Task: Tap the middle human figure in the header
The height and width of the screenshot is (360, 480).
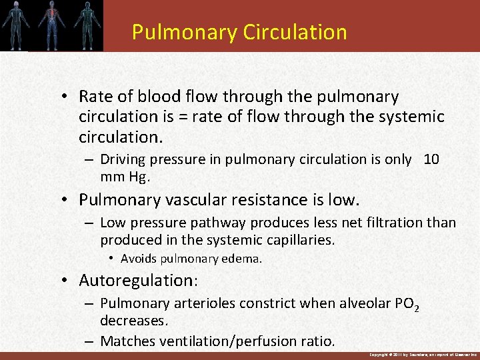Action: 51,25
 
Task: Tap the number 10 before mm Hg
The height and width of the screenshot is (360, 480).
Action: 431,159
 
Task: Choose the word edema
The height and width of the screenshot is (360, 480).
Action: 244,259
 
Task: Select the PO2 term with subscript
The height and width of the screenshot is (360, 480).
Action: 407,305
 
